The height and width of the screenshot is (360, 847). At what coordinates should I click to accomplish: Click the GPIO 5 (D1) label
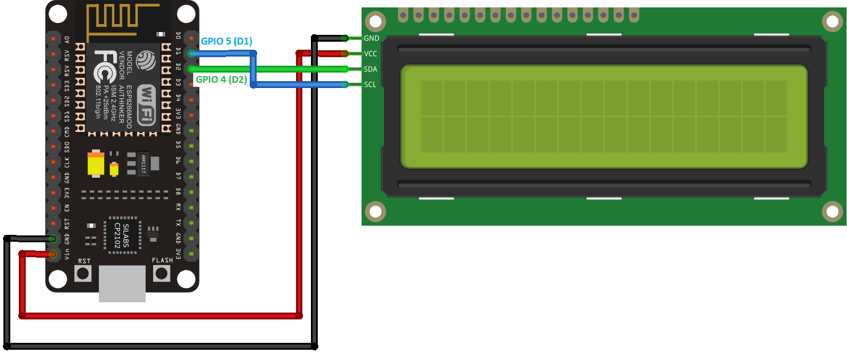coord(226,41)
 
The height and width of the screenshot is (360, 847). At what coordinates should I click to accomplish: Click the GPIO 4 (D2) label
coord(222,80)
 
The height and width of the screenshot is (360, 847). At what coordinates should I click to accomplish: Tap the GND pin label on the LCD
coord(371,38)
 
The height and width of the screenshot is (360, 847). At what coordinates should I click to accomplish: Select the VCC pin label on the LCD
coord(371,54)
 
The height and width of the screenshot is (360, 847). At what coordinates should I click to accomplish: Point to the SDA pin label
coord(371,69)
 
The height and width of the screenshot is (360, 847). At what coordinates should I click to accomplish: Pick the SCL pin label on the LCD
coord(370,85)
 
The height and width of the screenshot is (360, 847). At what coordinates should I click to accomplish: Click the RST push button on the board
coord(83,273)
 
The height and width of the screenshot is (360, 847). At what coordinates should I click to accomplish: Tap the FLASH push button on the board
coord(162,273)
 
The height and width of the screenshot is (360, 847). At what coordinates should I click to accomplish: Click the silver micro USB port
coord(122,283)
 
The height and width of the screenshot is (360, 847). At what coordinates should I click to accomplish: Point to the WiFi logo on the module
coord(147,105)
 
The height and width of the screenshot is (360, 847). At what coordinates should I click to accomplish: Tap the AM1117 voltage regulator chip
coord(143,164)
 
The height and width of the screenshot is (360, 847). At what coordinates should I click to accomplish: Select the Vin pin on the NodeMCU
coord(53,254)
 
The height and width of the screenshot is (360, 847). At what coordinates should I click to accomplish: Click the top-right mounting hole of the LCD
coord(832,22)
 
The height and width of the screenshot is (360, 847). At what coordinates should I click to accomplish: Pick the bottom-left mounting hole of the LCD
coord(375,211)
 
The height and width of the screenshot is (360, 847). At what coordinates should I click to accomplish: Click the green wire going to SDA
coord(297,69)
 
